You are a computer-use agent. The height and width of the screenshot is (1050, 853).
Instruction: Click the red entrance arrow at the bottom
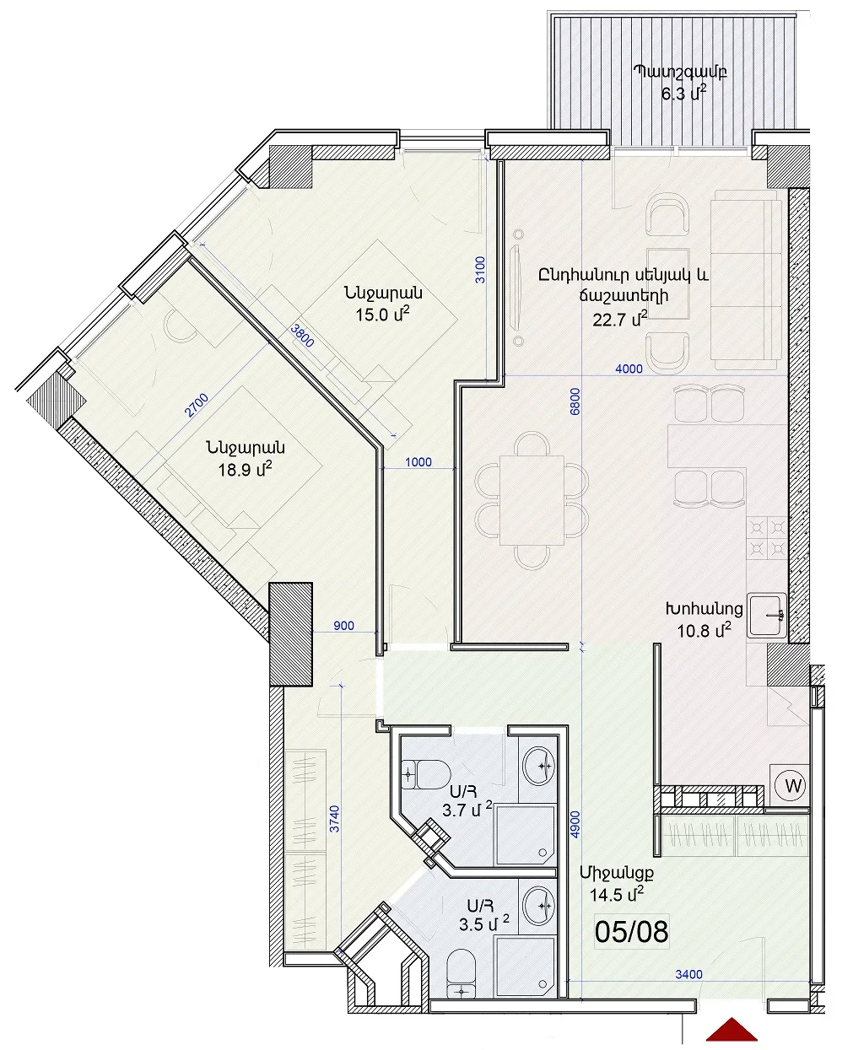732,1028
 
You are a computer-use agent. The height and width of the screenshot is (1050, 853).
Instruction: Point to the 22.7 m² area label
620,319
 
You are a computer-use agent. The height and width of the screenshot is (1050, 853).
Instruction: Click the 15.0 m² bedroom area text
383,314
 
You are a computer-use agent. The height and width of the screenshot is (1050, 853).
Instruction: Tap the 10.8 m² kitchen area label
704,630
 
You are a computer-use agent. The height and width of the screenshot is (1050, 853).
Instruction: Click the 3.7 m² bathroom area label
467,810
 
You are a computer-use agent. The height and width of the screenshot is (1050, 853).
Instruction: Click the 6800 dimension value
575,401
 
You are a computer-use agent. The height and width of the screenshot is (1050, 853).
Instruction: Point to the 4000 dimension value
629,369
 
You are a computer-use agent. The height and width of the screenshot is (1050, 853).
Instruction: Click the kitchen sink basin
766,617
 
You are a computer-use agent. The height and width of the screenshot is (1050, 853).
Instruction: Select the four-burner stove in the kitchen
766,536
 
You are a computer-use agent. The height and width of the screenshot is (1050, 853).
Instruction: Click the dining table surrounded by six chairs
532,500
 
